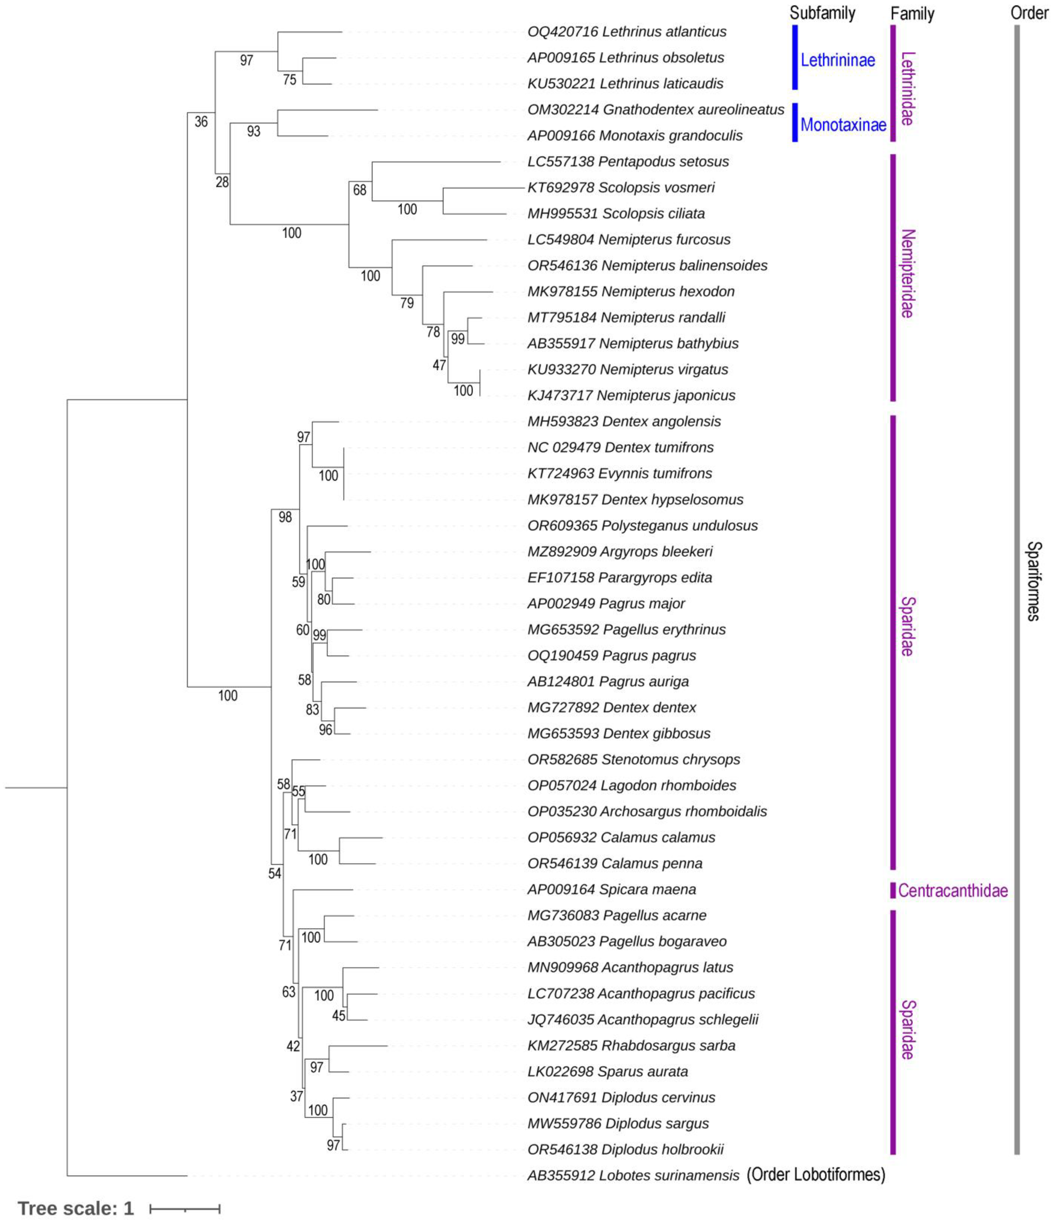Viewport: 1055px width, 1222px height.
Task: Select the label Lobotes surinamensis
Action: click(x=669, y=1175)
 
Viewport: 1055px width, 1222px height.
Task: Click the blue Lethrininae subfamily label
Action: click(x=837, y=60)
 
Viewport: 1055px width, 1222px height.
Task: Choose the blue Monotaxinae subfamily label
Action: click(x=843, y=125)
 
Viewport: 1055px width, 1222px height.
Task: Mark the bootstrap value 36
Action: click(x=201, y=122)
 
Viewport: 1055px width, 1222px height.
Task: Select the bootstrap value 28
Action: click(x=222, y=182)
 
